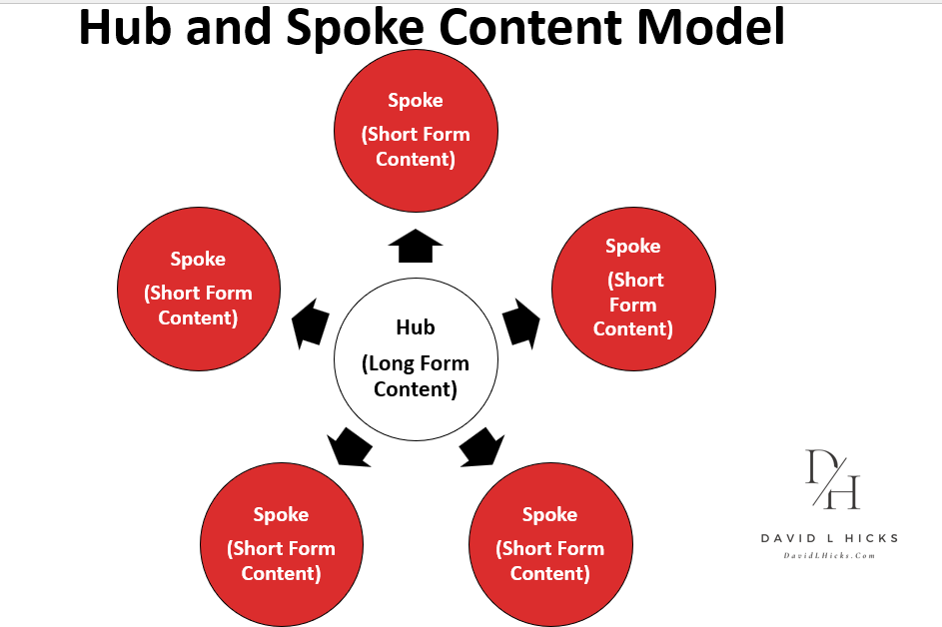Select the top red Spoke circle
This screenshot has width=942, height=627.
(x=415, y=133)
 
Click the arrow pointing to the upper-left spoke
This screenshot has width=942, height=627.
(x=311, y=322)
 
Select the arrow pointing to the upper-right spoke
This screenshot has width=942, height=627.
(x=520, y=320)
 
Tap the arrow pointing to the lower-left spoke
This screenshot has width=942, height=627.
(x=351, y=446)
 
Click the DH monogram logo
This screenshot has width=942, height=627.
(x=832, y=479)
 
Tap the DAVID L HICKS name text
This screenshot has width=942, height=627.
(x=829, y=538)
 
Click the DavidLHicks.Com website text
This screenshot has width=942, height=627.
(x=829, y=555)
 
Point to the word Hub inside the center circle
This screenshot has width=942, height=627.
(x=415, y=327)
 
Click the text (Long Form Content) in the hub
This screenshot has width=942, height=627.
(x=415, y=376)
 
